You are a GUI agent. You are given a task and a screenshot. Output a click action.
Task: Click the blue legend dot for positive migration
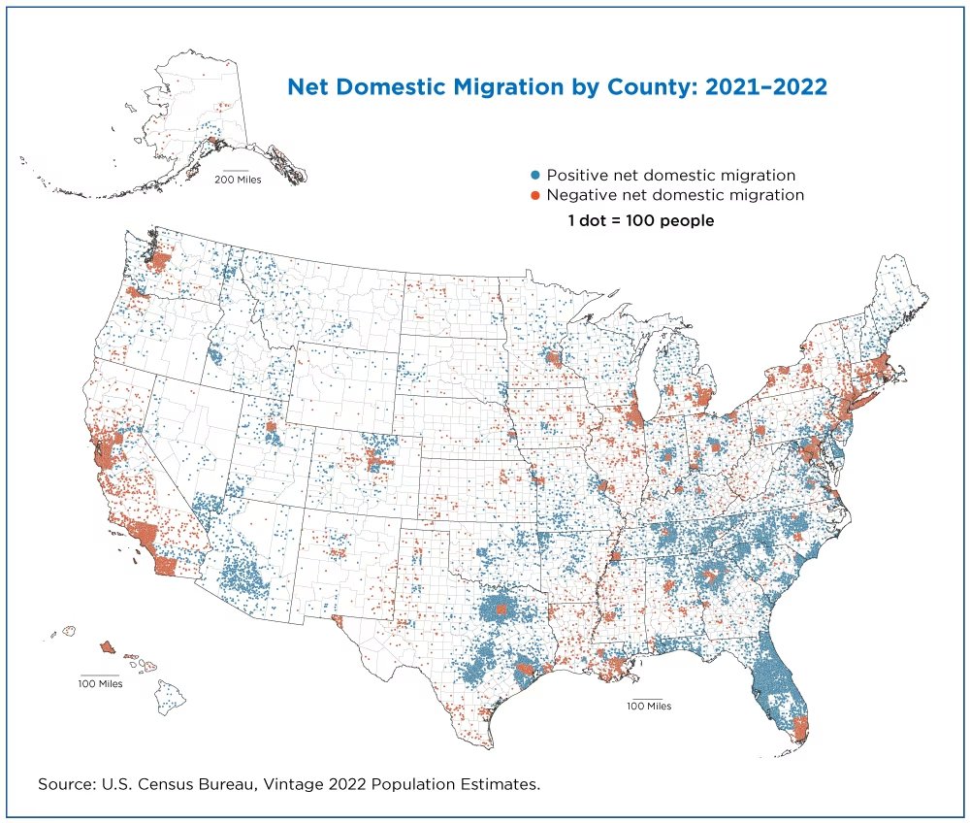click(x=534, y=176)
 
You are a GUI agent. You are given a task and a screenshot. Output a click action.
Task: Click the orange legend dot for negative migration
click(x=534, y=195)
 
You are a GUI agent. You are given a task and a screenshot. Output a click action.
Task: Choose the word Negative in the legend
click(x=582, y=195)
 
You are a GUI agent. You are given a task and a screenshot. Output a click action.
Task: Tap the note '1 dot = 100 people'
click(x=640, y=221)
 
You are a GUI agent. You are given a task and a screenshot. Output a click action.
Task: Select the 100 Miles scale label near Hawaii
click(x=100, y=684)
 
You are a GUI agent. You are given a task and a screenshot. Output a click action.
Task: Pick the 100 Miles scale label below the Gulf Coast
click(x=648, y=707)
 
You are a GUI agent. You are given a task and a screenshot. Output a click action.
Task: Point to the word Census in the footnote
click(x=166, y=783)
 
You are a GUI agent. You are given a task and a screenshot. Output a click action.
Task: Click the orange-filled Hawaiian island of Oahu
click(x=107, y=646)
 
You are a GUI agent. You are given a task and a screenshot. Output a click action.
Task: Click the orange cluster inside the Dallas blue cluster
click(x=501, y=609)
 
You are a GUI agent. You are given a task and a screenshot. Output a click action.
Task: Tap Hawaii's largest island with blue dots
click(x=172, y=694)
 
